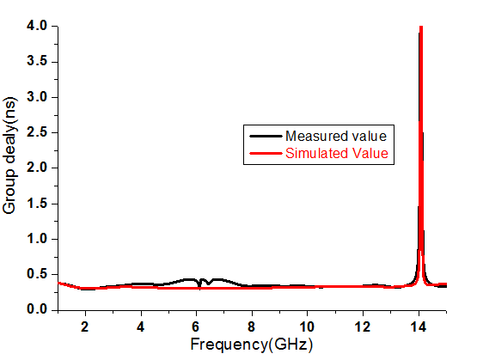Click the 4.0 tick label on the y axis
pyautogui.click(x=37, y=26)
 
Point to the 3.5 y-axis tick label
pyautogui.click(x=37, y=61)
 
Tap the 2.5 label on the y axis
pyautogui.click(x=37, y=132)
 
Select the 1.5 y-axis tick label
pyautogui.click(x=37, y=204)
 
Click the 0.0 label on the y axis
pyautogui.click(x=37, y=309)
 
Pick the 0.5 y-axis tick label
pyautogui.click(x=37, y=274)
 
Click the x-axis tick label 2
pyautogui.click(x=85, y=326)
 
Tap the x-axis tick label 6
pyautogui.click(x=196, y=326)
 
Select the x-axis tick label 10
pyautogui.click(x=307, y=326)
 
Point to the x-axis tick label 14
pyautogui.click(x=419, y=326)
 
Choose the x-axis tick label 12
pyautogui.click(x=363, y=326)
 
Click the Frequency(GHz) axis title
pyautogui.click(x=252, y=345)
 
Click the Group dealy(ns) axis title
pyautogui.click(x=9, y=156)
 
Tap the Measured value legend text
pyautogui.click(x=336, y=137)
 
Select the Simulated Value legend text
pyautogui.click(x=337, y=153)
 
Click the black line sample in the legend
pyautogui.click(x=266, y=137)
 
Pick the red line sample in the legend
pyautogui.click(x=266, y=153)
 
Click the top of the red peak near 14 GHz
pyautogui.click(x=421, y=27)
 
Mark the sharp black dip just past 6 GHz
pyautogui.click(x=199, y=286)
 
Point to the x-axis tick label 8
pyautogui.click(x=251, y=326)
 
